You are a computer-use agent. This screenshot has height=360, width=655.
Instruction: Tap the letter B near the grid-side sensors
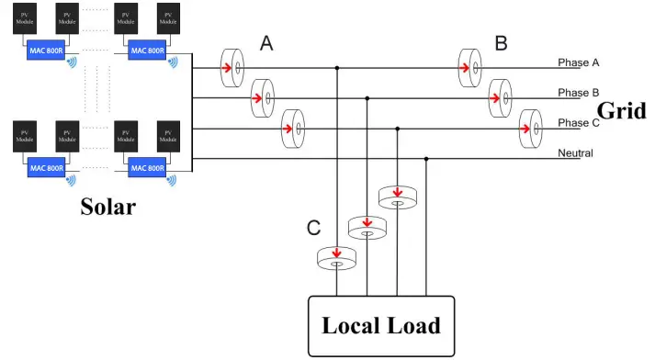[x=502, y=43]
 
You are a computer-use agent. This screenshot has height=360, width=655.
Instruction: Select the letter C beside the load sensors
[x=312, y=227]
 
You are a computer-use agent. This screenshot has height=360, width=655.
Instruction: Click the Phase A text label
[x=579, y=62]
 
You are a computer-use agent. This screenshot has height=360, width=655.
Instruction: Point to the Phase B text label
[x=579, y=93]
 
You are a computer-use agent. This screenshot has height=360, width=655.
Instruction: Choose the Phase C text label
[x=579, y=123]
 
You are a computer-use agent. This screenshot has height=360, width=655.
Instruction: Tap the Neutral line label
[x=576, y=153]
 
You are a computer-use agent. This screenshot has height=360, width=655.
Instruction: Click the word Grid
[x=622, y=111]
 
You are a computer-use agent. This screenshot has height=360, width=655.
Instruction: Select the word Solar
[x=107, y=207]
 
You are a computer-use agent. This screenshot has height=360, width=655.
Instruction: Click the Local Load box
[x=380, y=326]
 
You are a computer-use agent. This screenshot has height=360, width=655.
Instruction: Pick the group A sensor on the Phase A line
[x=232, y=67]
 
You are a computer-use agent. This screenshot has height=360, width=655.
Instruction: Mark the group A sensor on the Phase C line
[x=294, y=128]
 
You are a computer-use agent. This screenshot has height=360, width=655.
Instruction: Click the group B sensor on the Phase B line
[x=502, y=96]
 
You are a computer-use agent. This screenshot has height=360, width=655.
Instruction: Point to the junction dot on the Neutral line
[x=427, y=159]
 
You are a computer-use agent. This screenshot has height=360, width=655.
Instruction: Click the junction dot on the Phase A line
[x=337, y=68]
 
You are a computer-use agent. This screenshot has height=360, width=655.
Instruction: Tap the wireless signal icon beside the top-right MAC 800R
[x=174, y=62]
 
